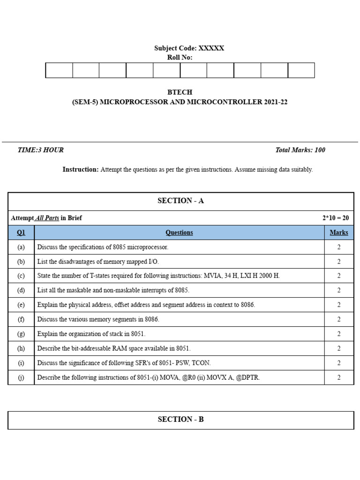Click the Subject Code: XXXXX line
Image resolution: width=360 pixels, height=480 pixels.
(x=189, y=48)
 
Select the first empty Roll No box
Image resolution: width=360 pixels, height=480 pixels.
(x=59, y=70)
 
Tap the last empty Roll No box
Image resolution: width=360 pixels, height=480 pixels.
(x=301, y=70)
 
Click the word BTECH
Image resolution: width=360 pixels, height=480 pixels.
(x=180, y=92)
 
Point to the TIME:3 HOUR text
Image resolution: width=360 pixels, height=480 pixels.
(x=40, y=150)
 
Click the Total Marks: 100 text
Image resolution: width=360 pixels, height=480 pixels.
(x=300, y=150)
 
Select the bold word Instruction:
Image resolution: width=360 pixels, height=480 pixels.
(x=81, y=170)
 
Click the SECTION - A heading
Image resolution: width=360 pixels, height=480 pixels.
(x=180, y=201)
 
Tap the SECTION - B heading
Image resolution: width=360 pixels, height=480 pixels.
(x=180, y=420)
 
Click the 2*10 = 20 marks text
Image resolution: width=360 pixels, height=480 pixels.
(x=335, y=218)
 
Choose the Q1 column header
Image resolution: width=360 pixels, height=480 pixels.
(x=21, y=232)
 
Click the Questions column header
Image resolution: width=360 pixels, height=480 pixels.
(x=179, y=232)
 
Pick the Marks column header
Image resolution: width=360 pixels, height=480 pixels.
(x=338, y=232)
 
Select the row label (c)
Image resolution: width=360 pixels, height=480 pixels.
(x=21, y=276)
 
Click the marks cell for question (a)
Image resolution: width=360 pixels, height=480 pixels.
(x=338, y=247)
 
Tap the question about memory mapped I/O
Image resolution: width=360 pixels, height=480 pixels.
(x=101, y=262)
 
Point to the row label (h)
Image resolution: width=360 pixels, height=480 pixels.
(x=21, y=348)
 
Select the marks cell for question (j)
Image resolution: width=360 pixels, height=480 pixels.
(x=338, y=377)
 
